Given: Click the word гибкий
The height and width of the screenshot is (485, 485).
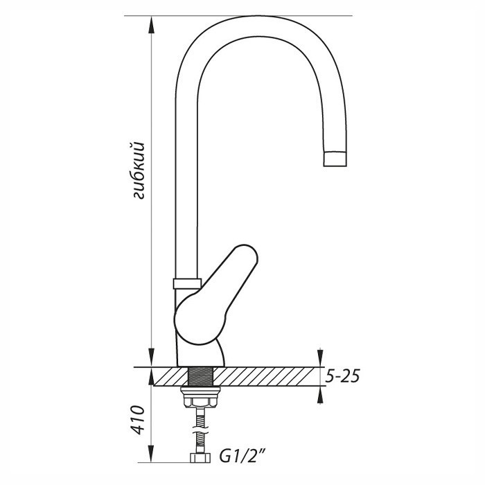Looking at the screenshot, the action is click(138, 170).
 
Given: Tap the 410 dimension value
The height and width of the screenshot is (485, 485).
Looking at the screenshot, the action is click(138, 419).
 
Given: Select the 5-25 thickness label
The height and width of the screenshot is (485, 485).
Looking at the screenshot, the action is click(343, 376).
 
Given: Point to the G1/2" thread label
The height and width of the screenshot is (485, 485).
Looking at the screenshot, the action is click(242, 456).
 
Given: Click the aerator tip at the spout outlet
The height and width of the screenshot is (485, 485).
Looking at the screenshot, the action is click(335, 159).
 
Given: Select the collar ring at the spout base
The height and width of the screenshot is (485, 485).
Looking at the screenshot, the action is click(187, 283).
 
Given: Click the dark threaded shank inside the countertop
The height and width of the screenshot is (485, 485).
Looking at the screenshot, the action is click(201, 376).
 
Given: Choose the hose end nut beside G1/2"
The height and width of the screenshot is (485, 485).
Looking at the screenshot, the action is click(200, 458).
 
